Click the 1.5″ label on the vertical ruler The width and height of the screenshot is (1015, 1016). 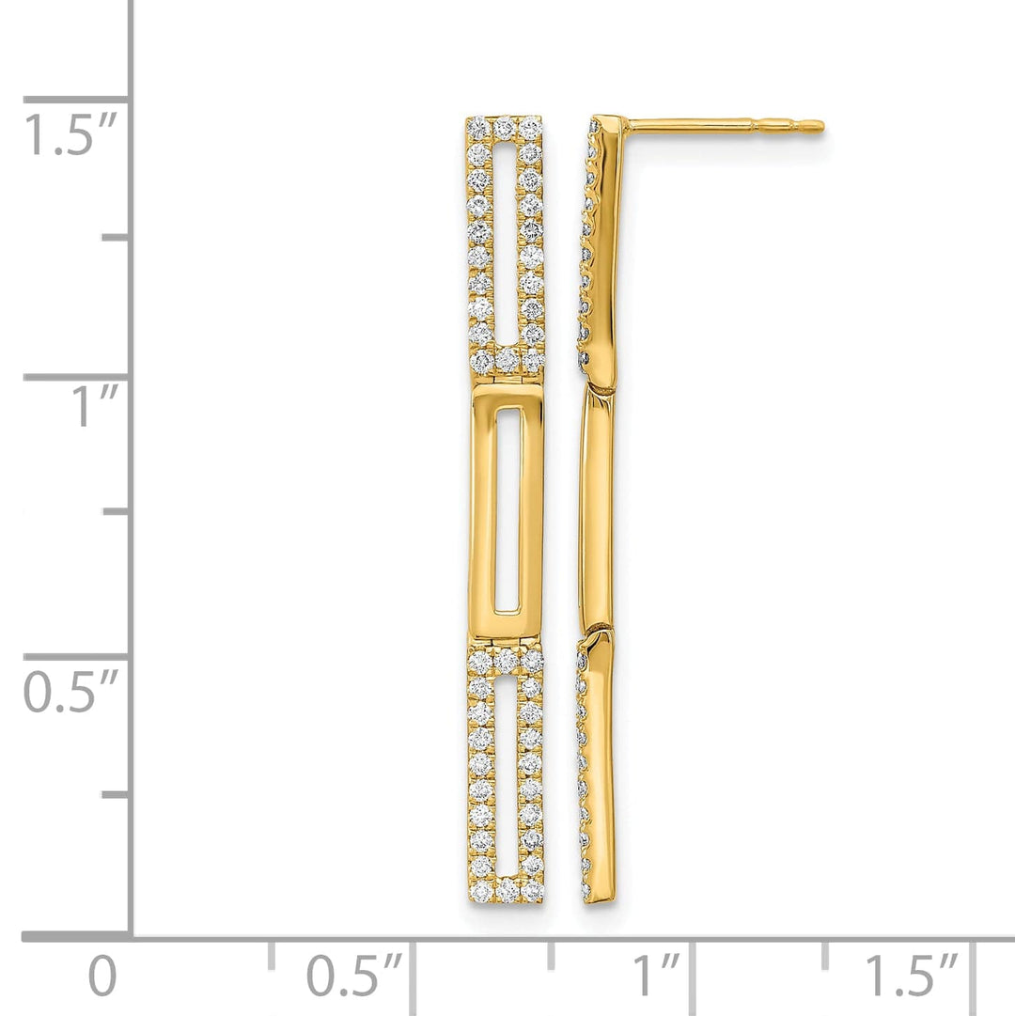[70, 135]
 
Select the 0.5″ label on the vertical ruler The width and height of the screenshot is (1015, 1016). [70, 693]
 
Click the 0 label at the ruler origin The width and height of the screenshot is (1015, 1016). [102, 977]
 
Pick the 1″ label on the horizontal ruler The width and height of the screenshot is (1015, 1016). [655, 977]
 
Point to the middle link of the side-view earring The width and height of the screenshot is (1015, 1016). [596, 508]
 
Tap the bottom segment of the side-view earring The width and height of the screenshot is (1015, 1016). [598, 766]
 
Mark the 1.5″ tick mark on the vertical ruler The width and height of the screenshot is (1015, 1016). [75, 99]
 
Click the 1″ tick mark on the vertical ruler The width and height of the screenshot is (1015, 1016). [75, 377]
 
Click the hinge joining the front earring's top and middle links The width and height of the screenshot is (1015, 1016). [507, 377]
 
